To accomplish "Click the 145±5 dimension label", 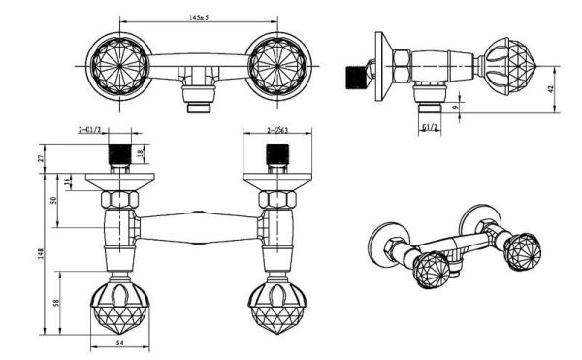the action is [199, 17].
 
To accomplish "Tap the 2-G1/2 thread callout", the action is [89, 130].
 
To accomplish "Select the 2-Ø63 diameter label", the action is [277, 130].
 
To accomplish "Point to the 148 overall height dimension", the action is [41, 253].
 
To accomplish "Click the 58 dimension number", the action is [56, 303].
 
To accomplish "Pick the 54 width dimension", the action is [120, 344].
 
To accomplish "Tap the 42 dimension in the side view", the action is [550, 88].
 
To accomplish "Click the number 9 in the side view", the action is [456, 108].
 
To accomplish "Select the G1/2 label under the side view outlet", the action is [430, 127].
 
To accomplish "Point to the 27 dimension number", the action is [41, 157].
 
